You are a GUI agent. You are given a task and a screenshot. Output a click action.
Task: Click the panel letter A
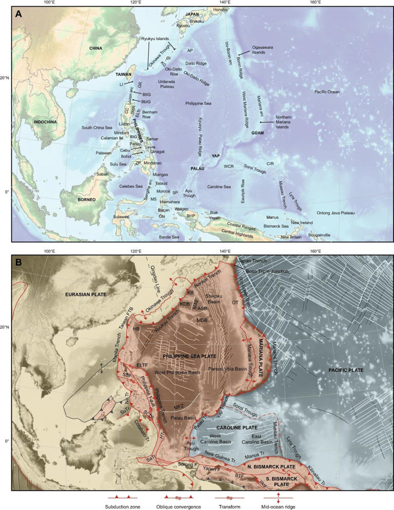click(x=18, y=14)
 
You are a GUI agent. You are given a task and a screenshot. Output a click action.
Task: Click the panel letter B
click(x=18, y=262)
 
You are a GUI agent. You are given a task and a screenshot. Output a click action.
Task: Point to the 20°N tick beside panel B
click(x=6, y=327)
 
